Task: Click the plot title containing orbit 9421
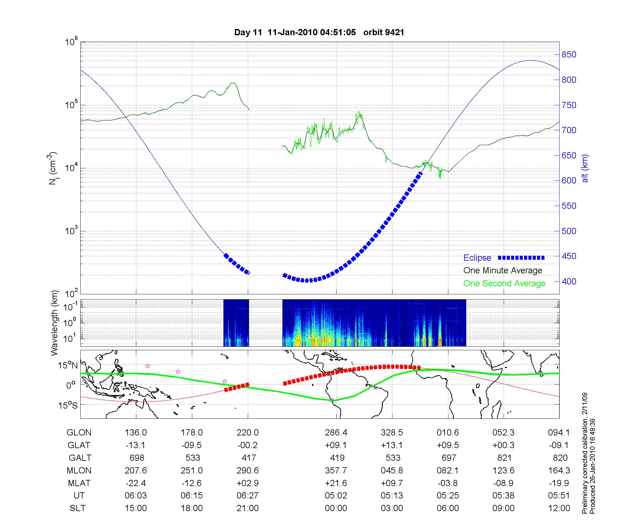[319, 32]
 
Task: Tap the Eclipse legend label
[477, 258]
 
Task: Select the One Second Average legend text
[504, 283]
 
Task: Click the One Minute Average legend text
[503, 271]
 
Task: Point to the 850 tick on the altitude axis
[569, 55]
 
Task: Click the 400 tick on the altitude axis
[569, 281]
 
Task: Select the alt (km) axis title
[585, 168]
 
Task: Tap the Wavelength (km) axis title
[55, 323]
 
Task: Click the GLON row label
[79, 433]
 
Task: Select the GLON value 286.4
[336, 433]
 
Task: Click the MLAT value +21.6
[336, 483]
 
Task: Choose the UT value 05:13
[392, 496]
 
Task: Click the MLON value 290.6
[248, 470]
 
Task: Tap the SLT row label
[78, 508]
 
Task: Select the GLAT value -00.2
[248, 445]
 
